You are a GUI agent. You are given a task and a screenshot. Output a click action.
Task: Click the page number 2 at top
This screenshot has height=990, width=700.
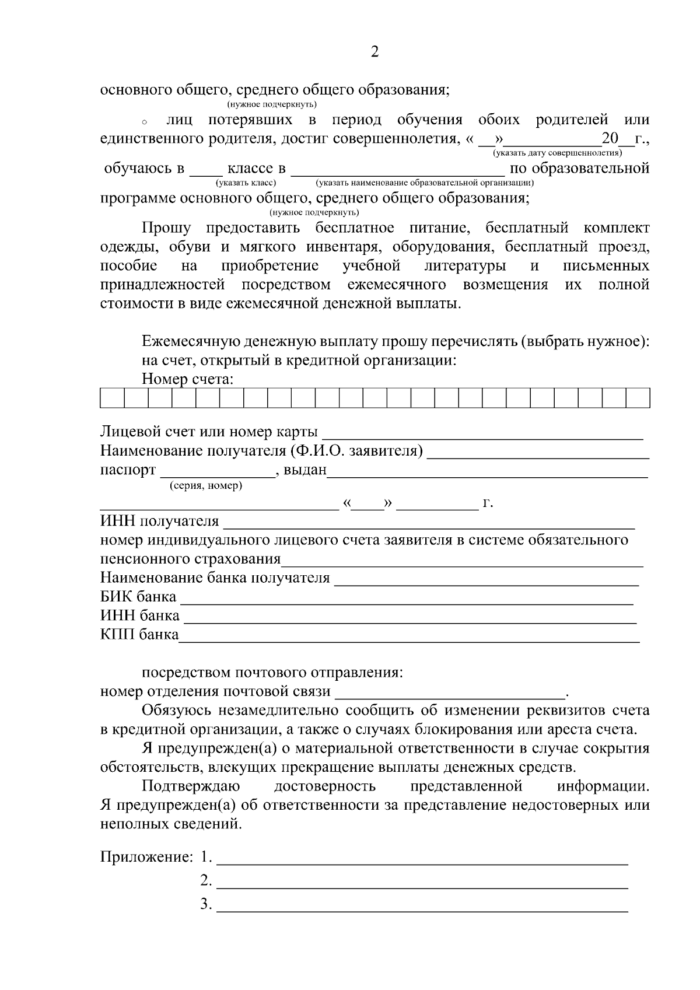click(x=374, y=53)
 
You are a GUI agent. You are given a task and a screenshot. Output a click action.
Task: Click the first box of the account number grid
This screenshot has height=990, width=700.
click(x=112, y=398)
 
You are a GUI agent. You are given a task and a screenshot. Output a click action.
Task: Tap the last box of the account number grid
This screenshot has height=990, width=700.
click(x=638, y=398)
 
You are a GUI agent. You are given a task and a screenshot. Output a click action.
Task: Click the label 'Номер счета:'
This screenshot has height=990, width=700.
click(x=187, y=379)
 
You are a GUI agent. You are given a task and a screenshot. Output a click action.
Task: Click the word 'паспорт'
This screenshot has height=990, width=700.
click(x=128, y=470)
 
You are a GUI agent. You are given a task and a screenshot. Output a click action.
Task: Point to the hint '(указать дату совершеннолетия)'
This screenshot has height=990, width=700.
click(x=557, y=153)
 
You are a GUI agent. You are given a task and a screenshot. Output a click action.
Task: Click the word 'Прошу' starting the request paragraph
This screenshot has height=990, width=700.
click(x=163, y=228)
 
